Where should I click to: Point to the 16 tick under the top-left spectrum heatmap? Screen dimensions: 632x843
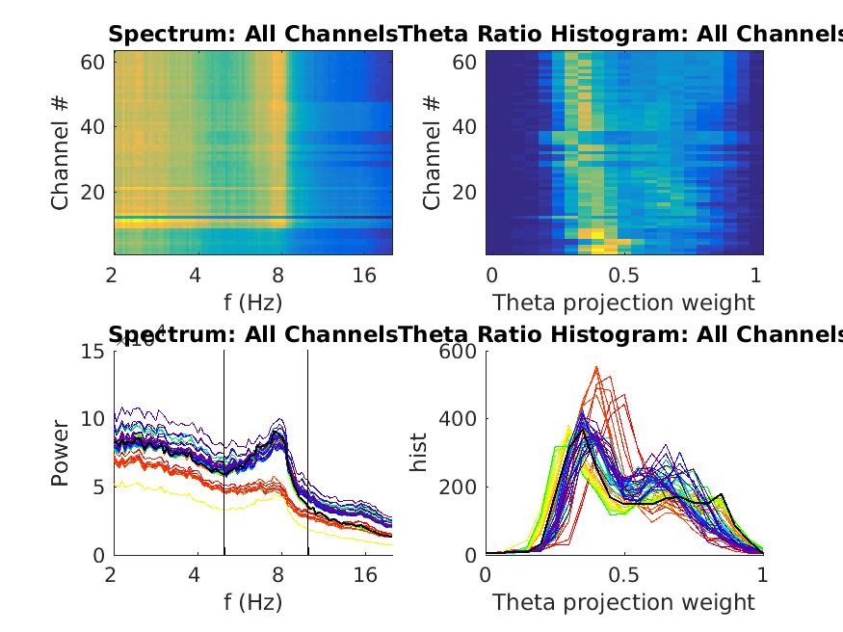(364, 276)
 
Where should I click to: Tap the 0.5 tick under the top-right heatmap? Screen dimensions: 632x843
(623, 276)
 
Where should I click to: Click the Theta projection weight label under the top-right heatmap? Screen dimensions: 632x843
(623, 303)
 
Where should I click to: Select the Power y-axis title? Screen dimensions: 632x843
(62, 453)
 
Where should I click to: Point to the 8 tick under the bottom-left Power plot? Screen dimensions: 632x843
(279, 575)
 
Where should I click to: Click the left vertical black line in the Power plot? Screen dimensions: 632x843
(224, 453)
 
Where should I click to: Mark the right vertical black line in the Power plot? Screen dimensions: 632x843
(307, 453)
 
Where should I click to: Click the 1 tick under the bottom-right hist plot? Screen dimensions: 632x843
(762, 575)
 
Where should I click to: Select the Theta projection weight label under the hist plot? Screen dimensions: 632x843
(623, 602)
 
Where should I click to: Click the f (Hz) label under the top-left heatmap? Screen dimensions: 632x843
(251, 303)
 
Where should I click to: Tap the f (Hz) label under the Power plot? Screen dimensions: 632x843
(251, 602)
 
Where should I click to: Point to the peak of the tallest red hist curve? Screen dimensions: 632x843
(597, 367)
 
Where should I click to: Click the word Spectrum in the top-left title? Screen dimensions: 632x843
(156, 35)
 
